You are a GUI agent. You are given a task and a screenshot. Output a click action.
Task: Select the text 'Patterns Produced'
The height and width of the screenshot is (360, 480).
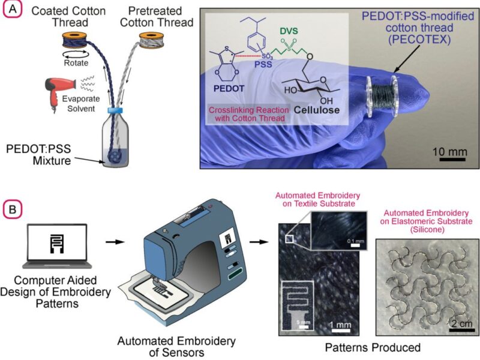[366, 347]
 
